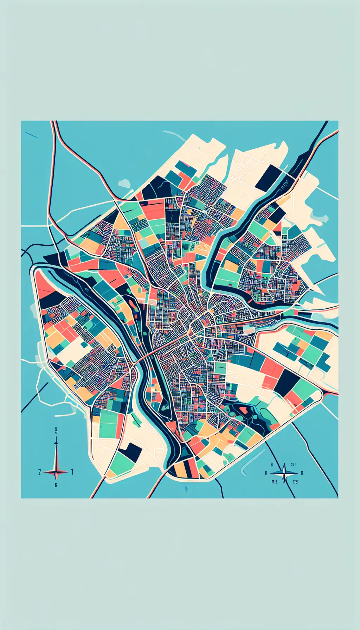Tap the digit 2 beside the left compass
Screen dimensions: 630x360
(x=40, y=472)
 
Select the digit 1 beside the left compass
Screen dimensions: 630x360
(x=72, y=472)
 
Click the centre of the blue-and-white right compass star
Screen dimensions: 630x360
(x=284, y=473)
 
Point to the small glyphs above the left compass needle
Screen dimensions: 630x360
(x=56, y=430)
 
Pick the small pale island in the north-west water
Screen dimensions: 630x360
(x=124, y=184)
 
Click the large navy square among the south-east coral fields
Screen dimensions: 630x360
(x=286, y=382)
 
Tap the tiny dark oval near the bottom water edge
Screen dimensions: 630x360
(x=186, y=489)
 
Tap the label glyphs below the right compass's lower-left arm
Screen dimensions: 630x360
(x=274, y=482)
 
